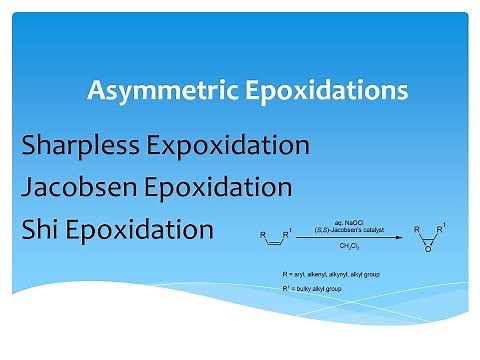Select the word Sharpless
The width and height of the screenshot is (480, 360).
click(82, 146)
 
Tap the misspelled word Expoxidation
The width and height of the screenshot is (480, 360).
click(229, 146)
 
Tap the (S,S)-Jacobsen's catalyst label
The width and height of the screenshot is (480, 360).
click(346, 227)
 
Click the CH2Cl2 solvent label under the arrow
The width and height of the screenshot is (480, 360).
click(347, 246)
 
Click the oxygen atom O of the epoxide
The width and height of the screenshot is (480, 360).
click(428, 251)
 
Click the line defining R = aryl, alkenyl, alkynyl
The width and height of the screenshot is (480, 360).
click(329, 273)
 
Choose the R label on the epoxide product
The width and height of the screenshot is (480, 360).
click(416, 231)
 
